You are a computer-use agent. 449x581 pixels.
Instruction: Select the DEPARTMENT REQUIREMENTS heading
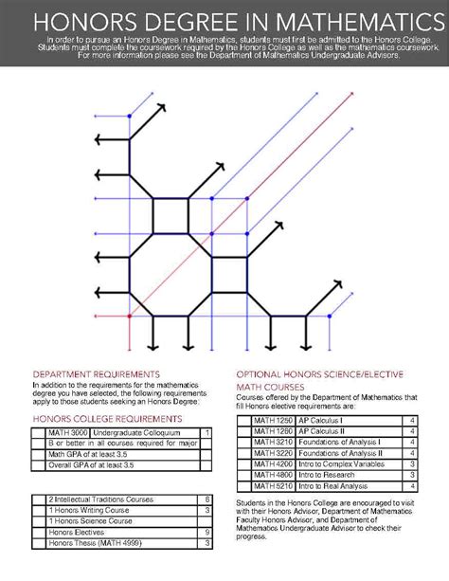(x=96, y=373)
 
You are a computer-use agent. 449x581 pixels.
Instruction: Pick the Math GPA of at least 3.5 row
(x=123, y=454)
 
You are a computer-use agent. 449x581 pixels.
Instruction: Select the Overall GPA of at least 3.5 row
(x=123, y=464)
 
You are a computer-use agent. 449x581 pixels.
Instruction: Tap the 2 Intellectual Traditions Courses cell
(x=123, y=499)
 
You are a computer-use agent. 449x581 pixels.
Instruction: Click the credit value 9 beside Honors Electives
(x=207, y=533)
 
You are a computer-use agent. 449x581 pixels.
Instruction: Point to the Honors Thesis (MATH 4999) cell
(x=123, y=543)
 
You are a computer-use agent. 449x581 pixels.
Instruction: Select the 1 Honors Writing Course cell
(x=123, y=510)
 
